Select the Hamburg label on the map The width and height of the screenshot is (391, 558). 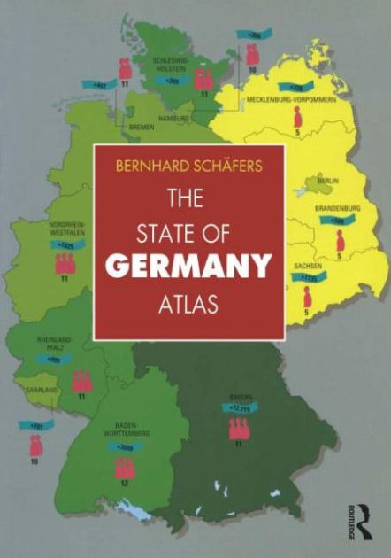(173, 118)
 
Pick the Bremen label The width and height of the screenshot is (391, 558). (141, 128)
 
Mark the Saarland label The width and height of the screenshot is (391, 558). (41, 390)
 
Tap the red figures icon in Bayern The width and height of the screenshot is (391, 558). (237, 428)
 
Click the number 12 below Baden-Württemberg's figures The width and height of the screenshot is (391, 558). (125, 484)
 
